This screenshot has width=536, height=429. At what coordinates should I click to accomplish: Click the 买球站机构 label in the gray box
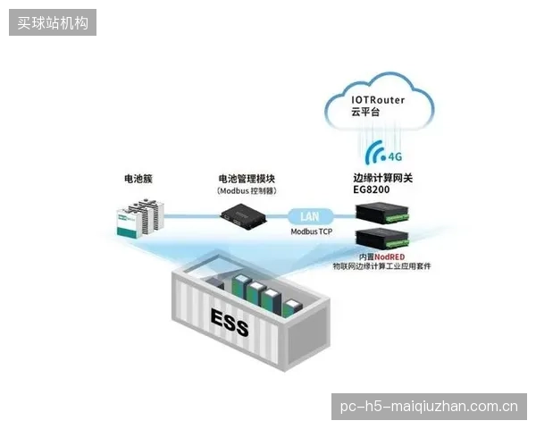[53, 23]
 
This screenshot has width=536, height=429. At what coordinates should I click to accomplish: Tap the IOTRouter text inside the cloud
[378, 100]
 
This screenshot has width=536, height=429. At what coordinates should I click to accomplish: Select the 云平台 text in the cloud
[365, 112]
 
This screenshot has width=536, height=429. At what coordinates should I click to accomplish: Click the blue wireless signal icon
[375, 153]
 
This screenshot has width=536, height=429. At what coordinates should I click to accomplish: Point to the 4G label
[395, 156]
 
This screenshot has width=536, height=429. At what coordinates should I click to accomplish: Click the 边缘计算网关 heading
[383, 178]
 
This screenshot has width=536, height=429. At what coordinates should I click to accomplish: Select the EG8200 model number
[372, 189]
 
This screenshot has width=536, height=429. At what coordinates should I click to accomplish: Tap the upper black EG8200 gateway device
[382, 213]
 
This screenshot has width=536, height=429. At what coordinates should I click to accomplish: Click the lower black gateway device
[382, 239]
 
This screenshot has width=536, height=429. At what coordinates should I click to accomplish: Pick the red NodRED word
[389, 257]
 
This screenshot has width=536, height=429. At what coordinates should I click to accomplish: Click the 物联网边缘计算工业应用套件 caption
[381, 266]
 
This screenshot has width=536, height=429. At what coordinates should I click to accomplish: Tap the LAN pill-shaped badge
[310, 216]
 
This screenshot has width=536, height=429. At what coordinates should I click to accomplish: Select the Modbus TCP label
[312, 231]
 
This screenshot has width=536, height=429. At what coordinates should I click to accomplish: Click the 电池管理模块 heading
[247, 179]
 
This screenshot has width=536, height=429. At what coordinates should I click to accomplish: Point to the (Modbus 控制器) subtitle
[247, 191]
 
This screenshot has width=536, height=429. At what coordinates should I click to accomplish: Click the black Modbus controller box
[243, 216]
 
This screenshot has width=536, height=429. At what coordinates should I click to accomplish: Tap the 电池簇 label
[138, 179]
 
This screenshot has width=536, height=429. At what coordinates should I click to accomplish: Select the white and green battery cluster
[140, 217]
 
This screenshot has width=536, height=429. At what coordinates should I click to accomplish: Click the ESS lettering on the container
[230, 323]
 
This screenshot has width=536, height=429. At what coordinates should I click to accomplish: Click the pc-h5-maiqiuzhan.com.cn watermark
[429, 407]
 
